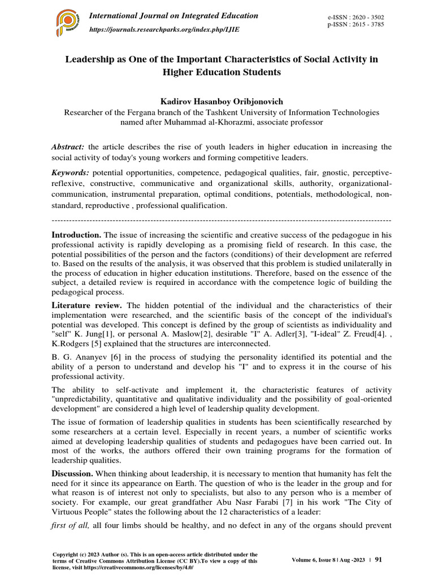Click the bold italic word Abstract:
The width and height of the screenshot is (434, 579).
pyautogui.click(x=68, y=147)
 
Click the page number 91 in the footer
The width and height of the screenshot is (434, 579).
pyautogui.click(x=379, y=559)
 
